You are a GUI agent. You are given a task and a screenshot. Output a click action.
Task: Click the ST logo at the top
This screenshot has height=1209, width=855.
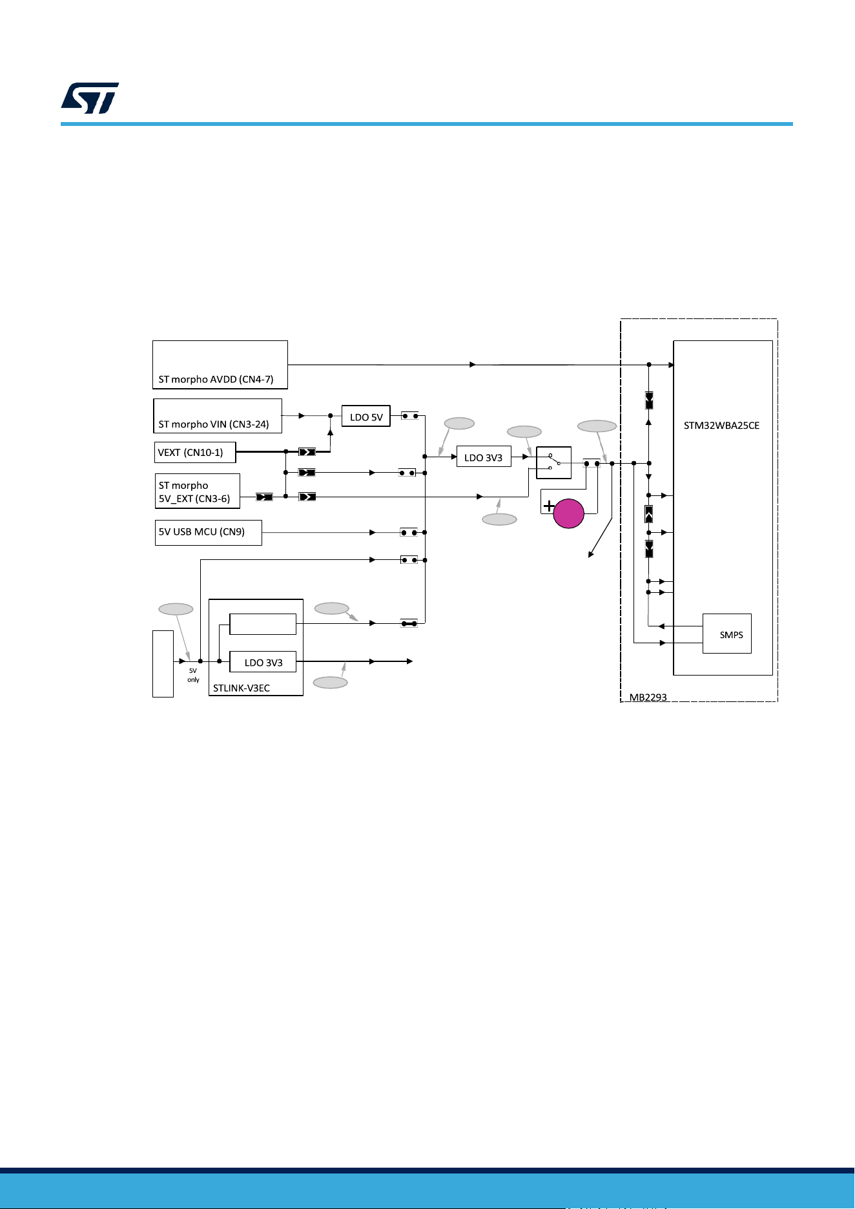point(90,98)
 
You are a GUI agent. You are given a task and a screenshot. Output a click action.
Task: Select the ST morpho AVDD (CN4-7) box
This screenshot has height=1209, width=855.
point(220,365)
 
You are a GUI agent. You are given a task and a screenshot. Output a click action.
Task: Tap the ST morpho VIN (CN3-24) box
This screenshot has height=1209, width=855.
point(218,416)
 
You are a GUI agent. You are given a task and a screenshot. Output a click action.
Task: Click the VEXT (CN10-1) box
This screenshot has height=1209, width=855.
point(195,452)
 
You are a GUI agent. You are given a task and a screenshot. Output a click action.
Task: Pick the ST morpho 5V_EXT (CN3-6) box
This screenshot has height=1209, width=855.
point(198,491)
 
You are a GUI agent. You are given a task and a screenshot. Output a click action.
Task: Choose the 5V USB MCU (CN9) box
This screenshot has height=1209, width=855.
point(209,533)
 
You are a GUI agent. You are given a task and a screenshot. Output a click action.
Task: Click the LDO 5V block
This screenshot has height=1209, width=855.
point(366,417)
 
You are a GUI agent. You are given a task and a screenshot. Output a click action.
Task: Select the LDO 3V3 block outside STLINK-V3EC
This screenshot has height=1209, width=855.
point(484,457)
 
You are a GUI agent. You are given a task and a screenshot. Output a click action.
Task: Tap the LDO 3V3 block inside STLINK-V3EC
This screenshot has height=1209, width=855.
point(263,662)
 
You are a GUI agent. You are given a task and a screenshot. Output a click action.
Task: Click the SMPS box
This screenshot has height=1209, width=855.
point(727,634)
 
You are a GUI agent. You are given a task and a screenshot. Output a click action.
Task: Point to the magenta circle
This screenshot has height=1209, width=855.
point(569,513)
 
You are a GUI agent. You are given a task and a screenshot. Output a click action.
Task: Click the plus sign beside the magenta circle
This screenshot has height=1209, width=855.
point(548,506)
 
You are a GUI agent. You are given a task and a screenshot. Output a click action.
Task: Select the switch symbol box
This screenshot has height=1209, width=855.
point(554,462)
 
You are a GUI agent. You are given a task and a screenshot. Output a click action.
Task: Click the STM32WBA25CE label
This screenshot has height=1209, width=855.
point(721,426)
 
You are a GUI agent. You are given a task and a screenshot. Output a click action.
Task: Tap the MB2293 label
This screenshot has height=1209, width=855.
point(648,697)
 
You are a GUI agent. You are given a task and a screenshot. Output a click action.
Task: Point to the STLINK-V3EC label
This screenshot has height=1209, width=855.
point(242,688)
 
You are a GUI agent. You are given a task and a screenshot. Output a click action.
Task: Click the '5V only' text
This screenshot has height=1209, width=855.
point(193,675)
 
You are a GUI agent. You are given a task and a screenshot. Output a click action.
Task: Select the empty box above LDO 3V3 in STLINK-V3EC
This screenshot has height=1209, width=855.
point(263,625)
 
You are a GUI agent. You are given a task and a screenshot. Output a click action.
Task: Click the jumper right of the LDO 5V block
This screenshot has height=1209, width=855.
point(410,416)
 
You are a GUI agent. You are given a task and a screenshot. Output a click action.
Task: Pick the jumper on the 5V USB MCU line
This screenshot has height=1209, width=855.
point(409,533)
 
